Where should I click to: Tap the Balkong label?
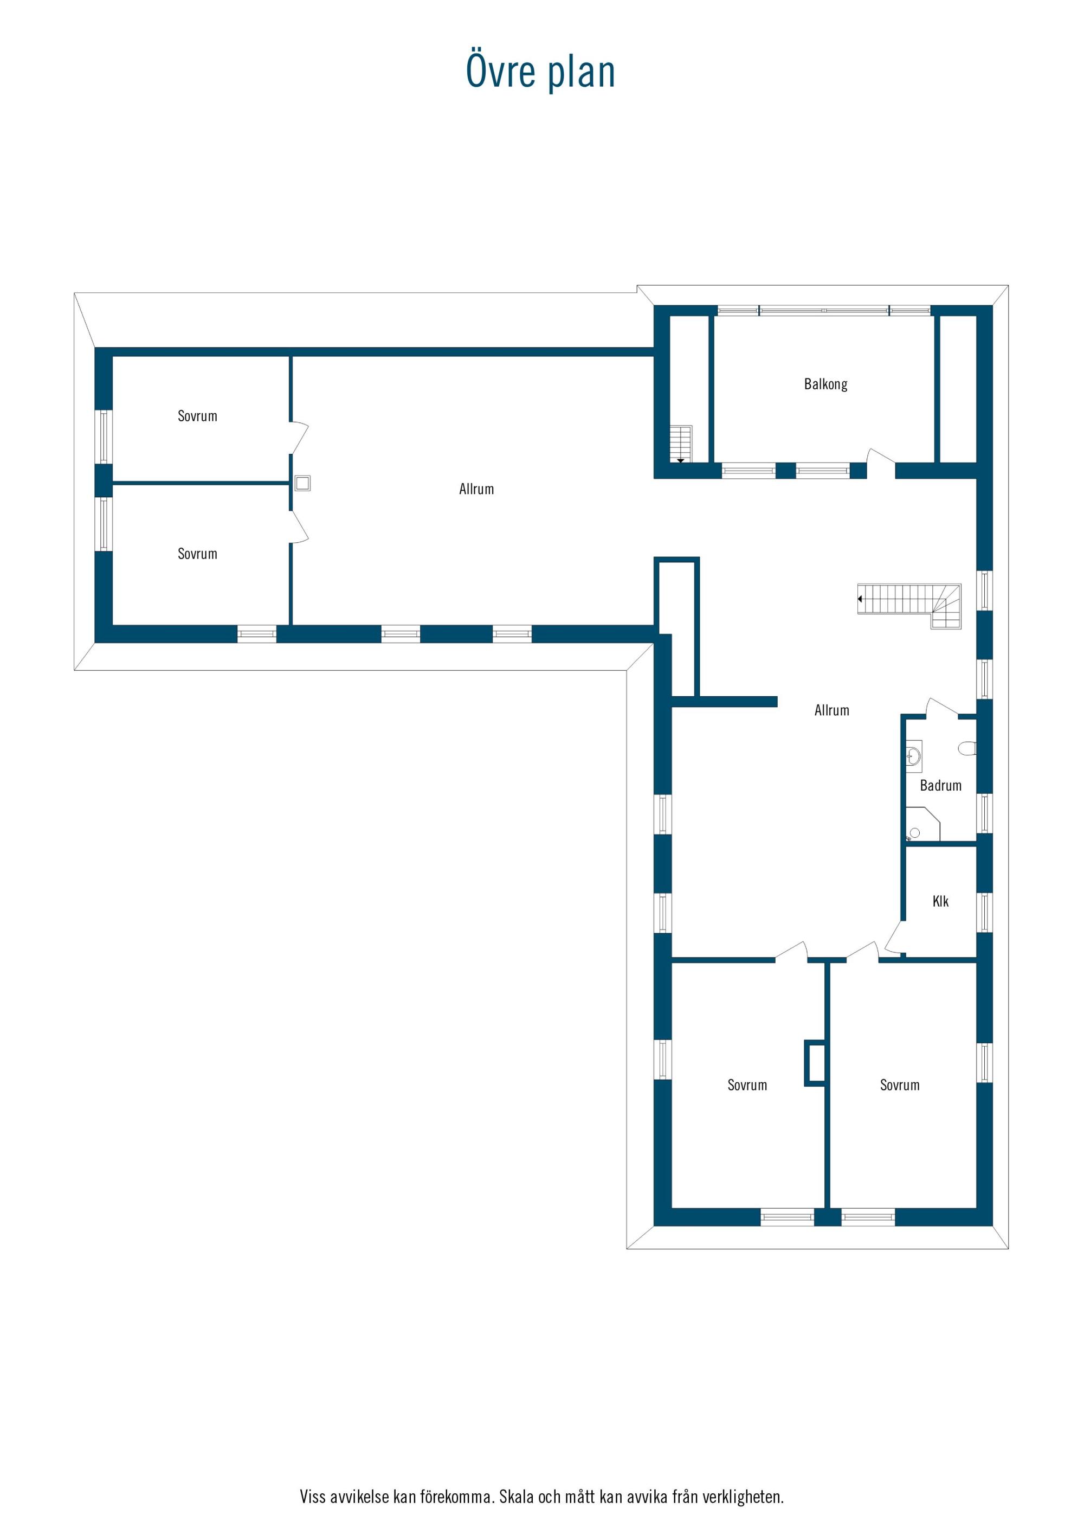[825, 384]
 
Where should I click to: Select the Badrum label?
[940, 786]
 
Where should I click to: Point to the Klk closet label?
[940, 901]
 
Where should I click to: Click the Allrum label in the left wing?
[476, 489]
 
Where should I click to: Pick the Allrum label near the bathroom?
[831, 710]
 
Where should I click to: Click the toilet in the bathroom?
[967, 748]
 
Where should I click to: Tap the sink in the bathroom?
[914, 756]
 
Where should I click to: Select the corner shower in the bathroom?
[922, 824]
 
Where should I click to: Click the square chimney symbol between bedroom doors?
[302, 483]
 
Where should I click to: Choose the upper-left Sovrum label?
[197, 416]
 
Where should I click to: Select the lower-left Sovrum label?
[197, 554]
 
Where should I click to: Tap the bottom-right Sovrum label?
[900, 1085]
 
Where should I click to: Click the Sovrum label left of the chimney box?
[747, 1085]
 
